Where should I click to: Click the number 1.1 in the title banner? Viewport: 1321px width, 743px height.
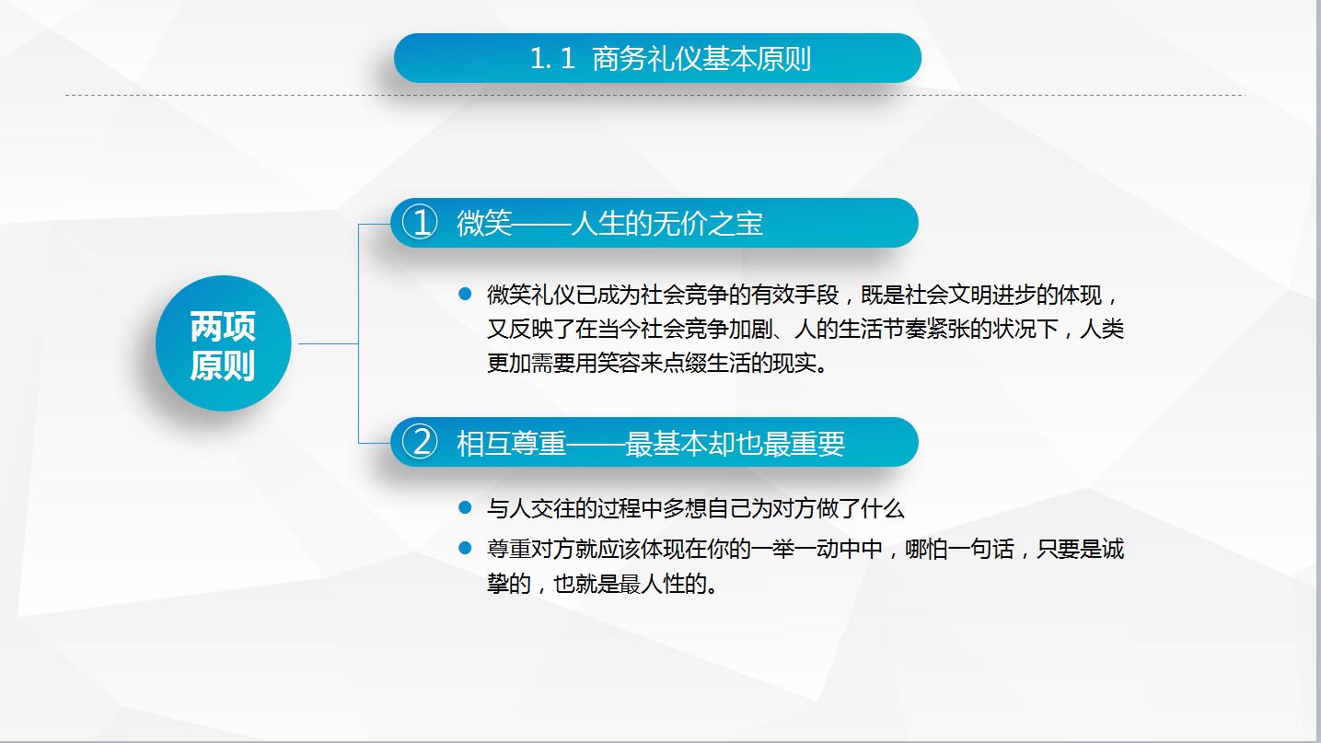click(552, 59)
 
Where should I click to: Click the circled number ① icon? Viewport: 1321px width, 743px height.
click(422, 223)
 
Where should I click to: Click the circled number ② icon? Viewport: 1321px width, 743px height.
click(422, 443)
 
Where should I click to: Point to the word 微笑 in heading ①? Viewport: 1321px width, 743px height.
click(484, 223)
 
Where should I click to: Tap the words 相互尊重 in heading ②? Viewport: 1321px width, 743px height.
click(512, 443)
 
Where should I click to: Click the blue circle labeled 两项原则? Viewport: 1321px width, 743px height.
click(223, 344)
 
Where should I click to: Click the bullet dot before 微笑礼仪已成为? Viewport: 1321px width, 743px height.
click(465, 295)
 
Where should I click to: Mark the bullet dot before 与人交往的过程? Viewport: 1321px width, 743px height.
click(465, 507)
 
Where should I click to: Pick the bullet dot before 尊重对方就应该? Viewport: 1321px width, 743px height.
click(465, 549)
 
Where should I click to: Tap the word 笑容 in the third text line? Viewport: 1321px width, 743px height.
click(634, 363)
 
